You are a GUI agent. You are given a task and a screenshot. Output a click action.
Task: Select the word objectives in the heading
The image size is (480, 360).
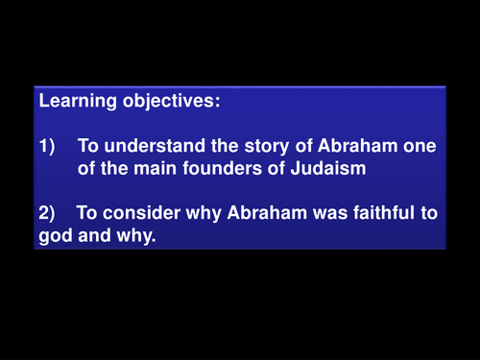[x=153, y=99]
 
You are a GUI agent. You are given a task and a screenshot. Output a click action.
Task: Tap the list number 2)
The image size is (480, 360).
[x=47, y=212]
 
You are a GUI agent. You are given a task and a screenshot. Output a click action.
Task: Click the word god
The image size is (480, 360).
[x=54, y=235]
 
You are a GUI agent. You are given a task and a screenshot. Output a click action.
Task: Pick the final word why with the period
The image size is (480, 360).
[x=135, y=235]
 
